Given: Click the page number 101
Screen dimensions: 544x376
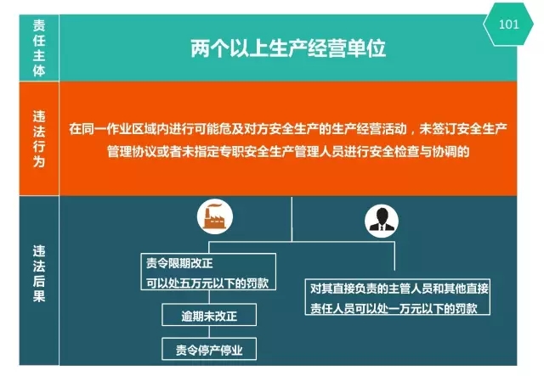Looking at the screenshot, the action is [x=508, y=25].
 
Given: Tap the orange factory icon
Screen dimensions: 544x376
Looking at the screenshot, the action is [x=215, y=217].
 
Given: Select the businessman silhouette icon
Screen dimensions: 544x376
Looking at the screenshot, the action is [x=382, y=221].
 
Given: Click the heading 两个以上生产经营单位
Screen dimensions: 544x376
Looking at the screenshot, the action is [x=288, y=48].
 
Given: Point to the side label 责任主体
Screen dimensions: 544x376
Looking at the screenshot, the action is [x=39, y=48].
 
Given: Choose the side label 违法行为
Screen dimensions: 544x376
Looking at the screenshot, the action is [x=39, y=138].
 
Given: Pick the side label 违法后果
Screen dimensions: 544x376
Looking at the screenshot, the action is [x=39, y=274].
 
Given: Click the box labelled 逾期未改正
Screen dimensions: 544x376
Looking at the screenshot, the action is [x=209, y=315].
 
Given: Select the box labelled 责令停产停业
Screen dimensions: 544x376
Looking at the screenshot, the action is [x=209, y=349].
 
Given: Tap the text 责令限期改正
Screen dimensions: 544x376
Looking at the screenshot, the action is [x=179, y=263].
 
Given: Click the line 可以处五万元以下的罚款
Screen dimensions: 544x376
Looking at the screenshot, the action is [x=207, y=283].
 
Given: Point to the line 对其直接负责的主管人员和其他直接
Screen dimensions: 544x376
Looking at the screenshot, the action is [x=399, y=289].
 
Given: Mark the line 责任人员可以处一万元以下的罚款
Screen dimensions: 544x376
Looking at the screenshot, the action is [x=394, y=308].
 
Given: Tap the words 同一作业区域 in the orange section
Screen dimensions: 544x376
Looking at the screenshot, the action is [x=118, y=129].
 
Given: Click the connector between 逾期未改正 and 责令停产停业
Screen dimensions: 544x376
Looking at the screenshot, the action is [x=209, y=332].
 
